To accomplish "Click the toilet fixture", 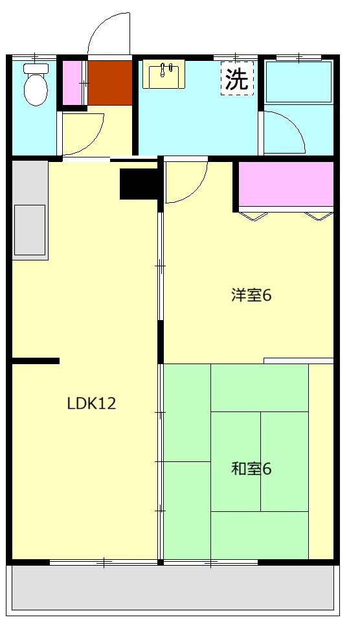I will tap(34, 88).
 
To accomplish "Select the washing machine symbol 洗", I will tap(236, 79).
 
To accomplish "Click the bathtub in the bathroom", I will tap(298, 82).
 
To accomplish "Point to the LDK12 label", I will tap(91, 404).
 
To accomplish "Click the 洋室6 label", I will tap(251, 295).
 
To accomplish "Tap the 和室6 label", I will tap(251, 468).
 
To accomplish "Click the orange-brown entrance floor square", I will tap(109, 82).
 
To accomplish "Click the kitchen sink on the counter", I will tap(30, 230).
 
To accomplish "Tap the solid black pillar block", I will tap(139, 183).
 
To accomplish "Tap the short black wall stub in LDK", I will tap(36, 361).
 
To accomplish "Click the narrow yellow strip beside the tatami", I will tap(321, 460).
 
